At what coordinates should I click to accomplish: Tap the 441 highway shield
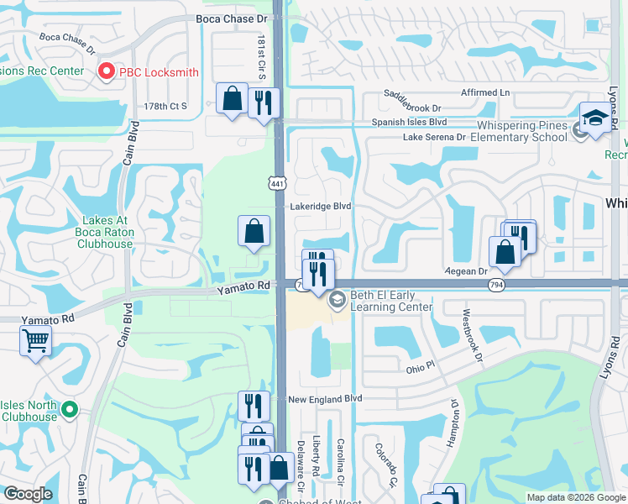point(278,182)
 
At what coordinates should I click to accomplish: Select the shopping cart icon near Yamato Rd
point(35,341)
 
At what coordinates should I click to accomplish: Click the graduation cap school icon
point(594,118)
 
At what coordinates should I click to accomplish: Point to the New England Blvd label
point(324,398)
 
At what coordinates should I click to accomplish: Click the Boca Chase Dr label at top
point(231,18)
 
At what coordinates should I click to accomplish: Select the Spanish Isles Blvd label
point(410,122)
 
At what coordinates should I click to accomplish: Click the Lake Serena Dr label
point(434,137)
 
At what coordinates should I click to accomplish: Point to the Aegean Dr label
point(471,271)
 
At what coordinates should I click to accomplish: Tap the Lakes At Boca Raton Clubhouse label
point(105,232)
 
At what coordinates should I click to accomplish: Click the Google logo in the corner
point(28,494)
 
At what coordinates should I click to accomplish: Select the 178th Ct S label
point(165,106)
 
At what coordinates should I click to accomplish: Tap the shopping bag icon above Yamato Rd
point(254,231)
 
